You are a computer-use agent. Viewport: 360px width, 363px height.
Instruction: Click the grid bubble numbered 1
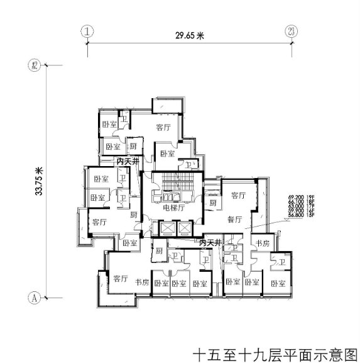[87, 30]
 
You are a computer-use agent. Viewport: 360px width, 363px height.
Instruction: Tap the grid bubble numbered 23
[290, 30]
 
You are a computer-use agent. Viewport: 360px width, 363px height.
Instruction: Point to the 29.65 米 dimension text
[190, 36]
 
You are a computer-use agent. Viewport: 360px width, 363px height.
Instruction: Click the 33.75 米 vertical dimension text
[39, 181]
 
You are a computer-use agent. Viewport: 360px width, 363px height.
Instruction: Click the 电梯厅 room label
[172, 208]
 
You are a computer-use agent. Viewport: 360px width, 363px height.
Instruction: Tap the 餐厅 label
[234, 220]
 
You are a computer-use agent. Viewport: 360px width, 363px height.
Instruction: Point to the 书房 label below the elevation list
[261, 242]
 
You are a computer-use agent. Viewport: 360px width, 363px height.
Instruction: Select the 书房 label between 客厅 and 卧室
[141, 282]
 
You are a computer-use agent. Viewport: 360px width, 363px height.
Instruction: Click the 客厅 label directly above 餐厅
[237, 196]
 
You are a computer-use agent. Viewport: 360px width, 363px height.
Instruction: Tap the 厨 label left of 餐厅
[213, 204]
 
